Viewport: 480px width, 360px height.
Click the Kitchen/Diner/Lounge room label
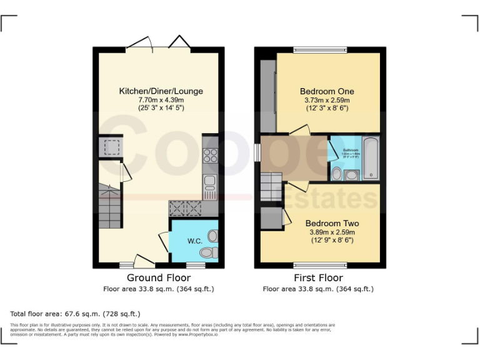tap(161, 91)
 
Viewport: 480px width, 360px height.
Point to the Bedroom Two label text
tap(332, 223)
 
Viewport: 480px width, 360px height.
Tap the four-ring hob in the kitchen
tap(211, 156)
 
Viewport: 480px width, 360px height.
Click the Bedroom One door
tap(299, 130)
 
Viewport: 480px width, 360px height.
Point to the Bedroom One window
tap(320, 49)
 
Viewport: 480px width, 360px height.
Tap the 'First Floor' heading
tap(318, 277)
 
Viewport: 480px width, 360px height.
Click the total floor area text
tap(76, 313)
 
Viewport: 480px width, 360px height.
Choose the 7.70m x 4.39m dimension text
tap(161, 99)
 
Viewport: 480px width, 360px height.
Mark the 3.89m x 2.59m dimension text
tap(332, 232)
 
